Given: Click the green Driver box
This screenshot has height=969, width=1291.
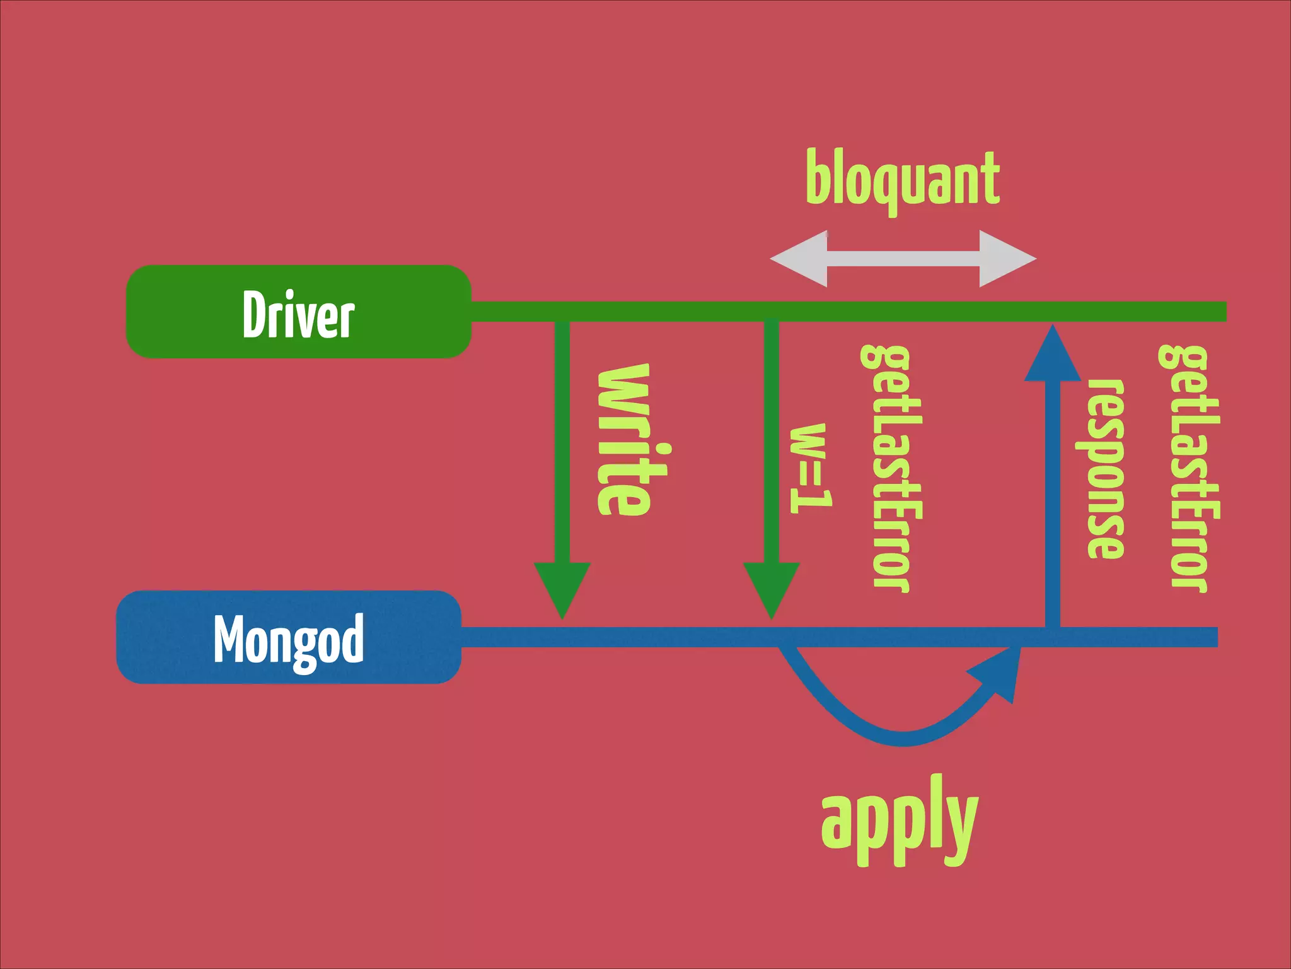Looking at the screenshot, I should [298, 312].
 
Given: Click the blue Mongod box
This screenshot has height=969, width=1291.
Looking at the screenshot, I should [289, 637].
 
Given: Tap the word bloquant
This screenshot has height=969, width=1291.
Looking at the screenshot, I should [903, 180].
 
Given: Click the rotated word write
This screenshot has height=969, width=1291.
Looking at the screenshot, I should [624, 440].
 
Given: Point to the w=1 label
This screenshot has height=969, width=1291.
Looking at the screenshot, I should [811, 468].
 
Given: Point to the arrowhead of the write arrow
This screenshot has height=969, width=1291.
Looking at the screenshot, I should [562, 587].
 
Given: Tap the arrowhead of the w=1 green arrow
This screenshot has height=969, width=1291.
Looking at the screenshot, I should [772, 587].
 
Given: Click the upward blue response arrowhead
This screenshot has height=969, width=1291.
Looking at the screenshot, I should [1052, 357].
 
